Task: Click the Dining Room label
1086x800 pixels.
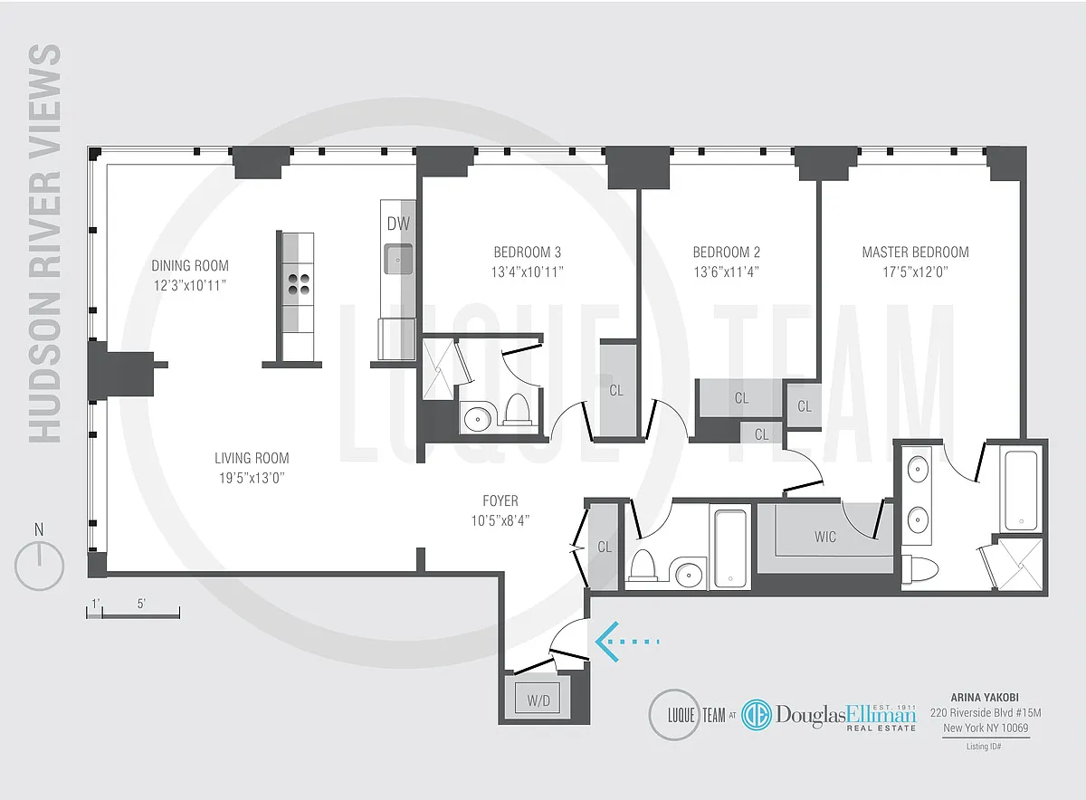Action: (x=190, y=266)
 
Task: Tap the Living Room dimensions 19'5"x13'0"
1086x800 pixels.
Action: (x=252, y=478)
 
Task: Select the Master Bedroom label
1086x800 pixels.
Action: (x=915, y=252)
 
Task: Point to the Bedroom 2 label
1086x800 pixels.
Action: (x=726, y=252)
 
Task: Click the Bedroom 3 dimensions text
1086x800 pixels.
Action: (x=528, y=272)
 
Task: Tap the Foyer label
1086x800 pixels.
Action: (x=500, y=500)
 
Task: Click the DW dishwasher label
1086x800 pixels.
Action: (x=398, y=224)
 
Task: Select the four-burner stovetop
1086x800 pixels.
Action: (x=299, y=284)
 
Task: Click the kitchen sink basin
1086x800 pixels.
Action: (x=398, y=260)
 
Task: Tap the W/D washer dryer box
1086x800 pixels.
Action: (x=538, y=700)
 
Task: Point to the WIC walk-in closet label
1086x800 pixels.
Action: (x=825, y=537)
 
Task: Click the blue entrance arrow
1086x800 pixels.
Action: (x=627, y=642)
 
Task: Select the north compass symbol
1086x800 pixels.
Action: (x=39, y=558)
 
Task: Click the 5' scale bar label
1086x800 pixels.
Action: (x=141, y=604)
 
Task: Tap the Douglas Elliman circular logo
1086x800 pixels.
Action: (x=757, y=715)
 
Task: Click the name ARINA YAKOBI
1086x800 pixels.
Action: (x=985, y=698)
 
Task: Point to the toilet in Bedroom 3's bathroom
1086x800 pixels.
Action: (x=516, y=409)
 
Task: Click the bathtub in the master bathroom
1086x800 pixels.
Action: (x=1021, y=490)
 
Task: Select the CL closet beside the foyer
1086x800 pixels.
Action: (x=605, y=547)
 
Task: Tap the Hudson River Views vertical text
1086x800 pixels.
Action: (x=44, y=243)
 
